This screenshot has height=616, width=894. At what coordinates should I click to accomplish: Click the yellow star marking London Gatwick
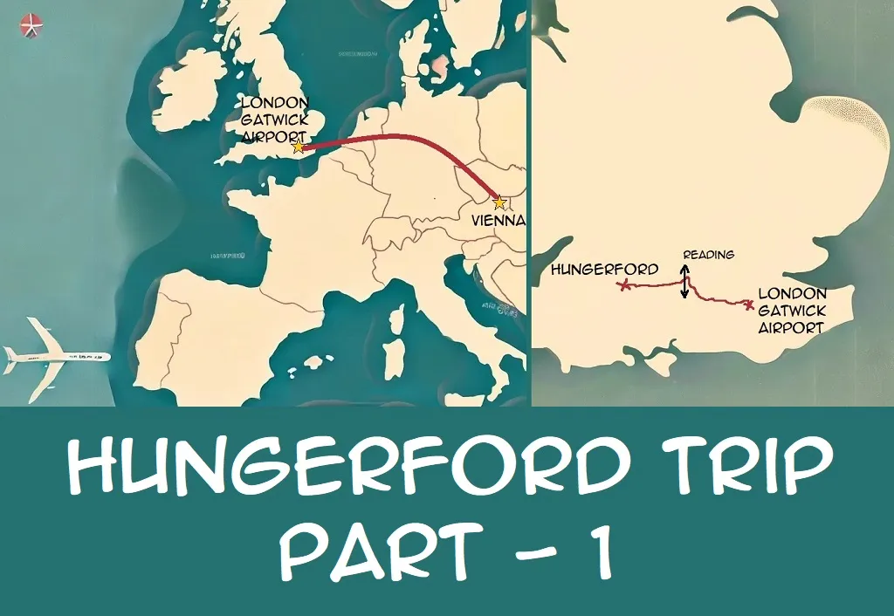299,147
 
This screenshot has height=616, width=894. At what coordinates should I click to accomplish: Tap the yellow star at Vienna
499,202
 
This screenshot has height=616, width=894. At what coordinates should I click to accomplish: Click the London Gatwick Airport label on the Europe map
273,120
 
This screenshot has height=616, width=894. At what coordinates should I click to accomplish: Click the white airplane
54,357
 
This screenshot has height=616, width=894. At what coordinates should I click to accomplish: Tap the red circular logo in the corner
31,26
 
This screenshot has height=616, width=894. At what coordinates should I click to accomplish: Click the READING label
708,255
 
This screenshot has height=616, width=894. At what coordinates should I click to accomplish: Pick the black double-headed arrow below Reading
684,282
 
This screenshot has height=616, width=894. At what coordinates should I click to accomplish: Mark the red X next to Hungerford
623,285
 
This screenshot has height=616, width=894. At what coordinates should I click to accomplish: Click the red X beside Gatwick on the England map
748,305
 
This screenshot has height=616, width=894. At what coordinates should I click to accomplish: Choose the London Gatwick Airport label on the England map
791,311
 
